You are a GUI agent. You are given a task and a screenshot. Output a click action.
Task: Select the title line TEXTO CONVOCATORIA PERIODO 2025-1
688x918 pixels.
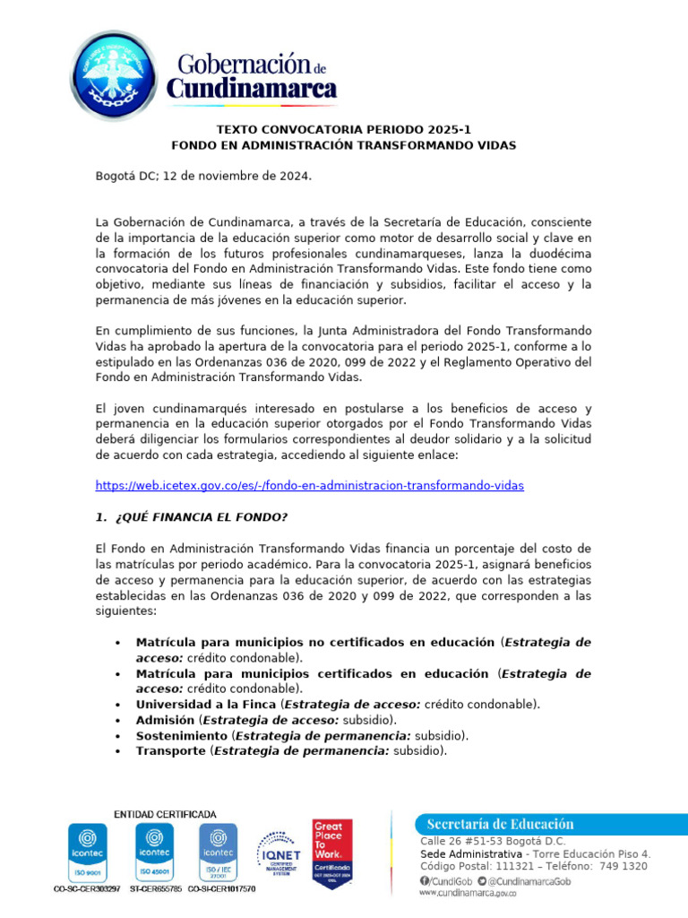pyautogui.click(x=343, y=129)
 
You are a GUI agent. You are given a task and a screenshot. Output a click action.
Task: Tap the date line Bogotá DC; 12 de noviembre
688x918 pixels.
pyautogui.click(x=203, y=177)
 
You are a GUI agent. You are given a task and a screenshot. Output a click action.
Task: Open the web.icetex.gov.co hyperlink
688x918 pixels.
pyautogui.click(x=309, y=485)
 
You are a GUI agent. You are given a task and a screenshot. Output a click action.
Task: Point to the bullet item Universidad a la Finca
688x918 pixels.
pyautogui.click(x=205, y=704)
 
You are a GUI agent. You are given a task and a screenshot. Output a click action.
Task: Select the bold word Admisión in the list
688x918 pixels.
pyautogui.click(x=164, y=720)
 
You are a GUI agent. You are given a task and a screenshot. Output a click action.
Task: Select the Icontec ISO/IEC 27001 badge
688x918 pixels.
pyautogui.click(x=218, y=852)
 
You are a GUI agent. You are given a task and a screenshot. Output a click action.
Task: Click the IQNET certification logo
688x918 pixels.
pyautogui.click(x=279, y=853)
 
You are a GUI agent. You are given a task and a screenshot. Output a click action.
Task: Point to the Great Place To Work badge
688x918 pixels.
pyautogui.click(x=331, y=853)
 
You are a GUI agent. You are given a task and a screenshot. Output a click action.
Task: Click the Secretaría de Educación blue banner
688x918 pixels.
pyautogui.click(x=537, y=824)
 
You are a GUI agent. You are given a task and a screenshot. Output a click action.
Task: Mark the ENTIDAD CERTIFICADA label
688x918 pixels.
pyautogui.click(x=164, y=813)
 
